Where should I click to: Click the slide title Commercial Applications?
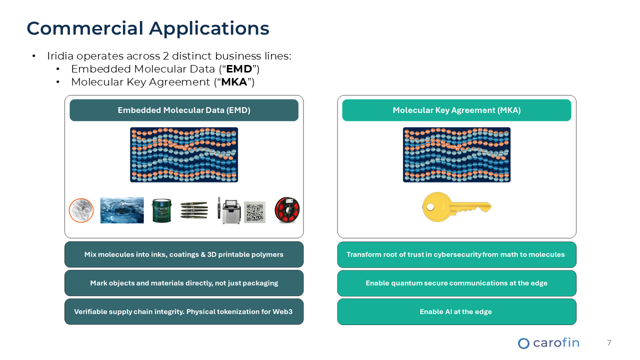[x=148, y=28]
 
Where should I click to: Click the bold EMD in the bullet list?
[x=239, y=69]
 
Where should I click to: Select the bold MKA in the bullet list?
[x=234, y=82]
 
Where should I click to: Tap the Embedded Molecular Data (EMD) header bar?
[x=183, y=110]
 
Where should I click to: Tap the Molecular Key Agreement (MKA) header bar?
[x=456, y=110]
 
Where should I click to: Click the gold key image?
[x=456, y=207]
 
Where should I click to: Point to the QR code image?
[x=254, y=212]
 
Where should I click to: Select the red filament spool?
[x=287, y=210]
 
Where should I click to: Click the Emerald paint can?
[x=162, y=210]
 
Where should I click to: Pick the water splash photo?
[x=122, y=210]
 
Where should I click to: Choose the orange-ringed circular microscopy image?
[x=81, y=210]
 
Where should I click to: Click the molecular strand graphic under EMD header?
[x=183, y=154]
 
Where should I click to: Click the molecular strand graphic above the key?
[x=456, y=154]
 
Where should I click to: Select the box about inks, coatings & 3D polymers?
[x=183, y=254]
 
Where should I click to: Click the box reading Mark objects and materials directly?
[x=183, y=283]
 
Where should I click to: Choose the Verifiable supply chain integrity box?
[x=183, y=311]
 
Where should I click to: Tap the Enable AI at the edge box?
[x=456, y=311]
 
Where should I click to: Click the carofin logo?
[x=548, y=343]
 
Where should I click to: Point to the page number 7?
[x=609, y=343]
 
